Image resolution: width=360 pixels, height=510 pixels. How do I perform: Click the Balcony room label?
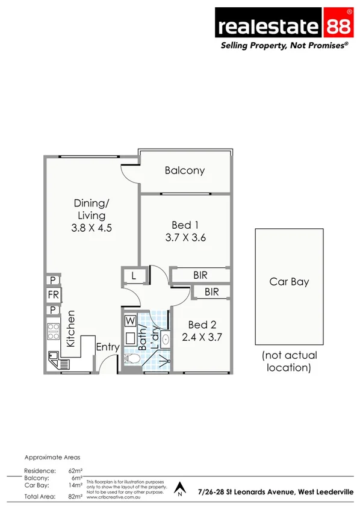(185, 170)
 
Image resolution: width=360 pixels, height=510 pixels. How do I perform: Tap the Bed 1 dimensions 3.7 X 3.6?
(185, 237)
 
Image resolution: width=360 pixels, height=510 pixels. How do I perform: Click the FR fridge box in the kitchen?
(53, 295)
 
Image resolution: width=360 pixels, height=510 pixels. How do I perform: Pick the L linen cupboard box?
(132, 276)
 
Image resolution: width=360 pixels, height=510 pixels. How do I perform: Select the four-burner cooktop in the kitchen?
(54, 331)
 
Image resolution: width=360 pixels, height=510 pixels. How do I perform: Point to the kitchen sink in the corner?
(55, 360)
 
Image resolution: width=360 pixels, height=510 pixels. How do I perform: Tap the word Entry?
(108, 347)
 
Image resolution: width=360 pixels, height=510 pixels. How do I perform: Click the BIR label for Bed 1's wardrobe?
(200, 275)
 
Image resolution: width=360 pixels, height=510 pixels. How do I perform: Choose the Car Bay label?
(289, 282)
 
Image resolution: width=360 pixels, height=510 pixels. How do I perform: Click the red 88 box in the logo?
(338, 26)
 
